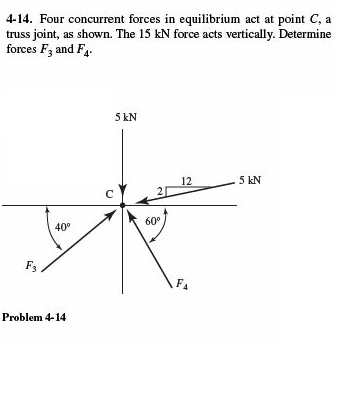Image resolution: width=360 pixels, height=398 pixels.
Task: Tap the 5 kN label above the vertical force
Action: point(125,117)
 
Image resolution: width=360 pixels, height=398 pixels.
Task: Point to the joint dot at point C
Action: point(124,205)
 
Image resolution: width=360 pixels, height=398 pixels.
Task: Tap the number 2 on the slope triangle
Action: point(157,189)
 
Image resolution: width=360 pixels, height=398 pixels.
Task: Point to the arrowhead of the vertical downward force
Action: point(124,197)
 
